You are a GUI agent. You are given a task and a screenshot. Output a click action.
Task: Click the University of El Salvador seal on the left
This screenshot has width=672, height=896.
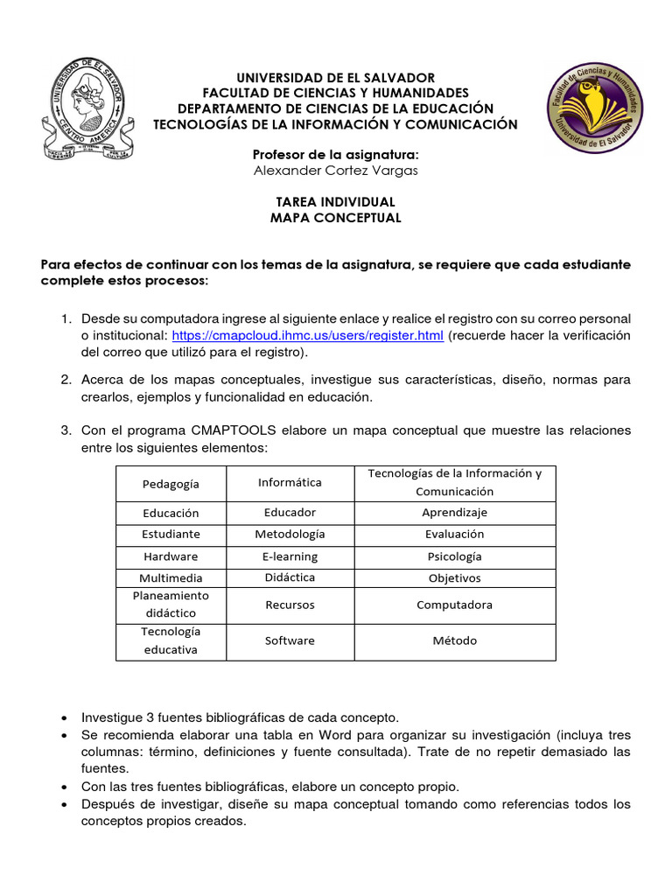point(86,108)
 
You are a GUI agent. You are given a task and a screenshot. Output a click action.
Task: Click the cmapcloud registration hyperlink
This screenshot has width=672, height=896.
point(307,336)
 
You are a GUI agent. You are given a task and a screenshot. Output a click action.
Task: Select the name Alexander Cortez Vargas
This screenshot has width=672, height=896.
point(335,171)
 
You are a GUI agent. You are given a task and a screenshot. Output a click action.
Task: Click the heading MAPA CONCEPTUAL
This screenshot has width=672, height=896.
point(335,218)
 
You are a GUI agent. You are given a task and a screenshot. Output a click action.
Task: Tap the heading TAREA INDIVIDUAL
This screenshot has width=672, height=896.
point(335,202)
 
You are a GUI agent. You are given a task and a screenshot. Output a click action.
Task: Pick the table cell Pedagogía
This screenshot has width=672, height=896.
point(171,484)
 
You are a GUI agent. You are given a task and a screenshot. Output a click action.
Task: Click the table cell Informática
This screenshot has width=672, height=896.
point(290,482)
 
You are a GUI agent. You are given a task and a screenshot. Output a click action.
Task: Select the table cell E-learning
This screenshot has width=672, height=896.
point(290,556)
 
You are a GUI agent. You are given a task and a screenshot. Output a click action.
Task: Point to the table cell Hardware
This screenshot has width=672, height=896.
point(171,556)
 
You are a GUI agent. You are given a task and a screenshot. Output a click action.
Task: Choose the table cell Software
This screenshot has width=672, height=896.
point(290,640)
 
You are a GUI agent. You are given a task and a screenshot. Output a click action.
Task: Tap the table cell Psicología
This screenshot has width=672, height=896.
point(454,556)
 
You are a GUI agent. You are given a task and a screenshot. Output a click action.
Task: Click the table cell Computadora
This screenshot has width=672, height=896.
point(454,605)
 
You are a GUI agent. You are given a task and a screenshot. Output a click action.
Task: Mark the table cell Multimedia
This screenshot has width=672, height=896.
point(171,578)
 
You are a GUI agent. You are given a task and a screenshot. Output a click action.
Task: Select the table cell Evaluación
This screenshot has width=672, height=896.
point(454,534)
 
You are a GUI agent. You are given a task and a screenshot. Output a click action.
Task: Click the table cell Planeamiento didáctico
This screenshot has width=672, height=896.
point(171,605)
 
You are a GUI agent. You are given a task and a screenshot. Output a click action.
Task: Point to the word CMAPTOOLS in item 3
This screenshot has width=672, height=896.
point(232,431)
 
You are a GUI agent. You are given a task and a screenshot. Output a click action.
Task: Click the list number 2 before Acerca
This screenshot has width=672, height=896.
point(66,380)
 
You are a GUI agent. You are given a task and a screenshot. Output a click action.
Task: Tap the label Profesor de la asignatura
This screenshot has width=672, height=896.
point(335,155)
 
